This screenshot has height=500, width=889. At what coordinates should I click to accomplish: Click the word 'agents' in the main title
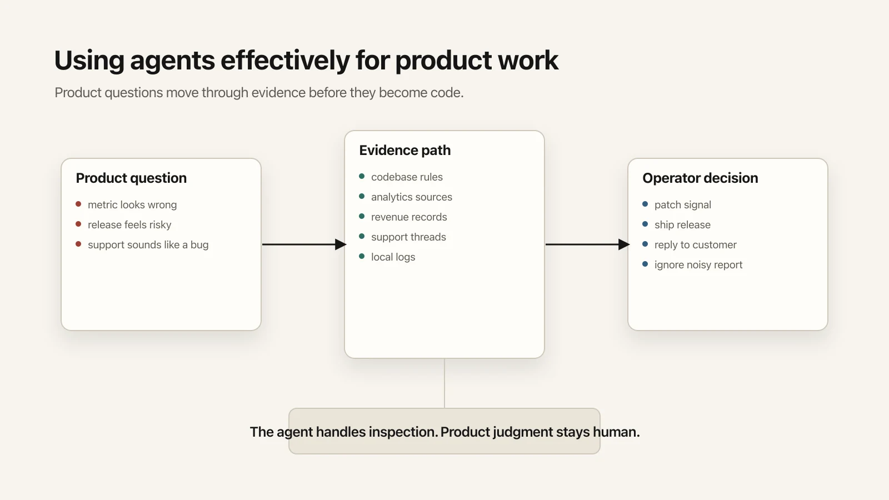172,61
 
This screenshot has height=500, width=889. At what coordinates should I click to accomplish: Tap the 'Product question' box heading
131,178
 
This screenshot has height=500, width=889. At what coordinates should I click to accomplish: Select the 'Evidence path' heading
404,151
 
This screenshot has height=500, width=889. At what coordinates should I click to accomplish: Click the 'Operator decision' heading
700,178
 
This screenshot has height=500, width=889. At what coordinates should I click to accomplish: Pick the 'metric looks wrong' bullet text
132,205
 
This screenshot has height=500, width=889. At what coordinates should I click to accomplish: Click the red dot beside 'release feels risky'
78,224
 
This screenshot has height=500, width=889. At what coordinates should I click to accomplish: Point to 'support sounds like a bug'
148,245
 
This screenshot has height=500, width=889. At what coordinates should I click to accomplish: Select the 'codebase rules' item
407,177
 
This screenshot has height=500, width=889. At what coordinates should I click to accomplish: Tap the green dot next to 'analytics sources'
362,196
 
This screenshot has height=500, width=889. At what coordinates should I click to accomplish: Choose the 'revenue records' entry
409,217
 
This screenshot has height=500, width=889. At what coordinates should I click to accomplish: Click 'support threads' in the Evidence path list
408,237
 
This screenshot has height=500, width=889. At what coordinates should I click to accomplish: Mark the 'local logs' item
393,257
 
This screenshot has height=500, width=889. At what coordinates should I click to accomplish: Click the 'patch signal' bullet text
682,205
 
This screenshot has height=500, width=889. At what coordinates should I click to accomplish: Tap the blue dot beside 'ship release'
645,224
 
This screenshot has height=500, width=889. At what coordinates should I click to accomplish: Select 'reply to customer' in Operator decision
695,245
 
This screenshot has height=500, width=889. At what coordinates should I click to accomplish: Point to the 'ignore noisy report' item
698,265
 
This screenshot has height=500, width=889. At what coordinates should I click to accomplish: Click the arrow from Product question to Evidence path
303,244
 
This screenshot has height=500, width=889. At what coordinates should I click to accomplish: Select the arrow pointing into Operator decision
587,244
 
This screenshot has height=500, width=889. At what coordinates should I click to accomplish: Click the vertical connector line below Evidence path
444,383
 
